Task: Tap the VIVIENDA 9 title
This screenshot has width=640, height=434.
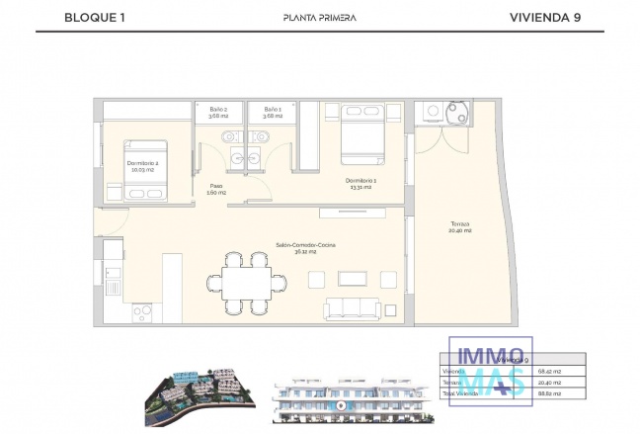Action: pyautogui.click(x=544, y=17)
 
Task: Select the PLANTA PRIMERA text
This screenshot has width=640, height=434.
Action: pyautogui.click(x=319, y=17)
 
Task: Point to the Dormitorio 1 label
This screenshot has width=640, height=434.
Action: pyautogui.click(x=360, y=183)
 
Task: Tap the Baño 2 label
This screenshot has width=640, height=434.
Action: pyautogui.click(x=218, y=113)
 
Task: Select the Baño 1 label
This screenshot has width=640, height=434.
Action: pyautogui.click(x=273, y=113)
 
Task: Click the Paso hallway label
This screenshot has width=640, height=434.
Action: pyautogui.click(x=215, y=189)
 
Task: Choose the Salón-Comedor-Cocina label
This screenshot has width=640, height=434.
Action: pyautogui.click(x=297, y=248)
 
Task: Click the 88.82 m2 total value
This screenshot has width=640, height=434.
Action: pyautogui.click(x=563, y=393)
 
